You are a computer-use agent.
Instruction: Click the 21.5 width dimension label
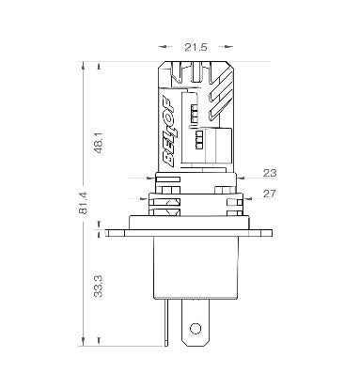[x=196, y=47]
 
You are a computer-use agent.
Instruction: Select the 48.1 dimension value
[x=100, y=142]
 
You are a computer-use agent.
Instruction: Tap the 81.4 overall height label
[x=84, y=203]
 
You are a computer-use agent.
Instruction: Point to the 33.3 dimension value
[x=99, y=286]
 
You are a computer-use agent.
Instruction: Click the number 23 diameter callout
[x=270, y=173]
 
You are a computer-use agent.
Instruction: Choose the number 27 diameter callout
[x=270, y=194]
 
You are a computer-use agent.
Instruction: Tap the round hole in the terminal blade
[x=196, y=329]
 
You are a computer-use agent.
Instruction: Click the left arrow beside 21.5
[x=165, y=47]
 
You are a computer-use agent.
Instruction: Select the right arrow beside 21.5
[x=226, y=47]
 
